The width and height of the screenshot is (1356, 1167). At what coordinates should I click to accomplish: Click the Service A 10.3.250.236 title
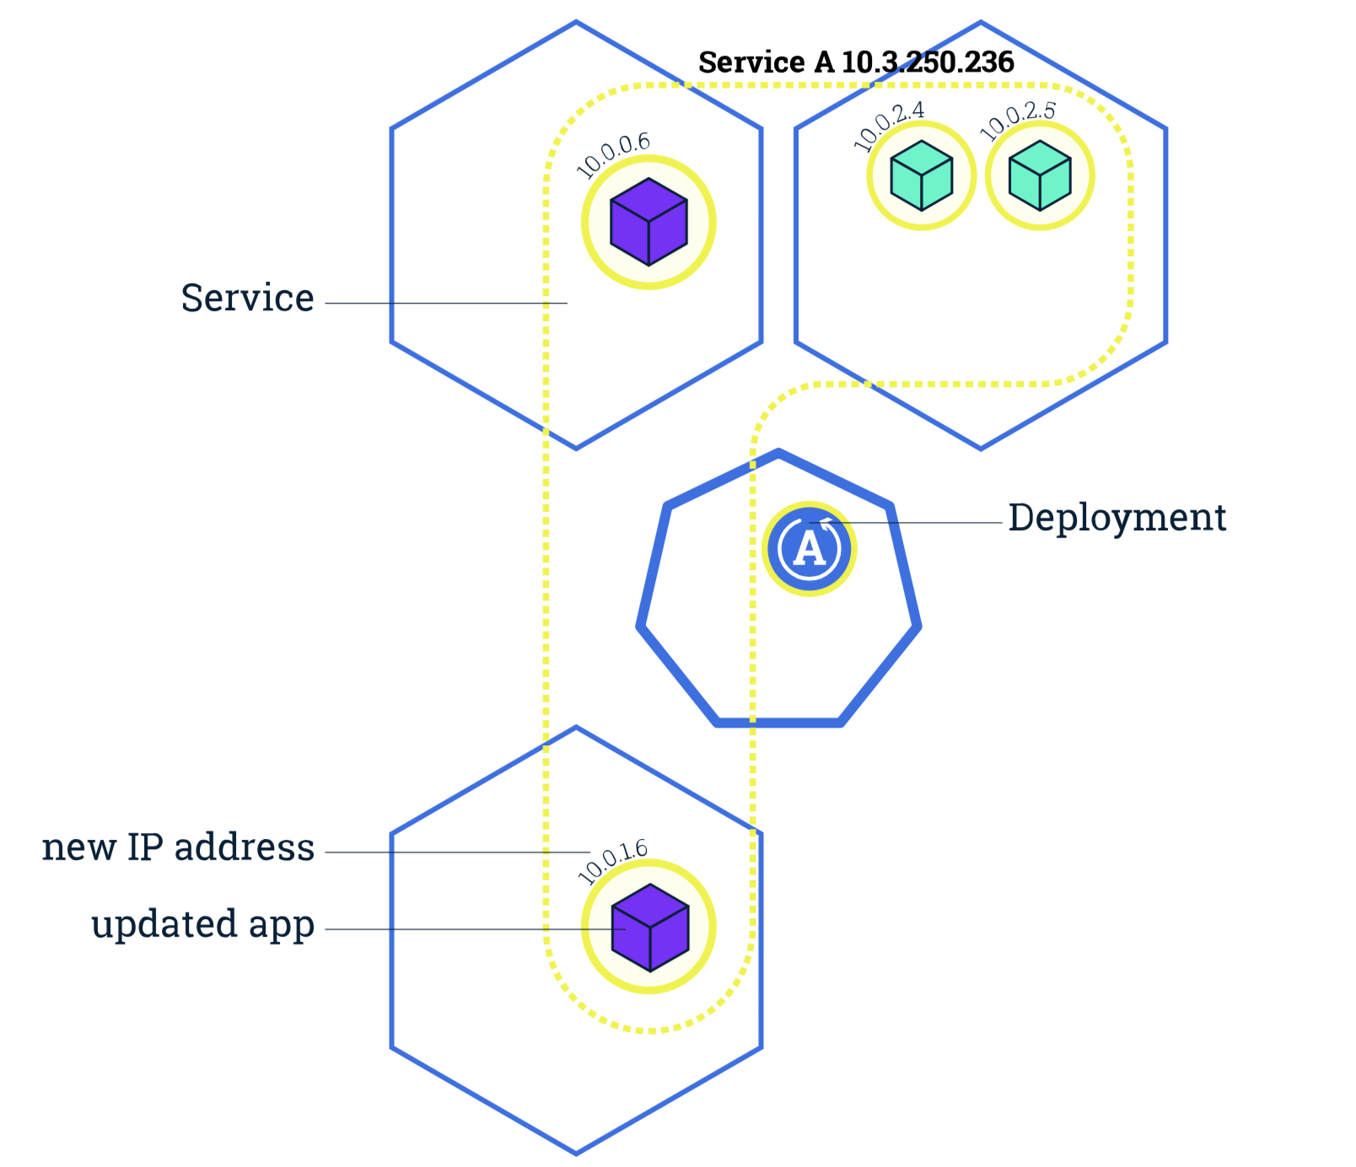pos(856,62)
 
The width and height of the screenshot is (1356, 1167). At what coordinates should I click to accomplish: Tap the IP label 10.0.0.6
pos(613,154)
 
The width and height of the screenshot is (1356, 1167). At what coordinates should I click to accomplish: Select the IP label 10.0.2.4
pos(889,126)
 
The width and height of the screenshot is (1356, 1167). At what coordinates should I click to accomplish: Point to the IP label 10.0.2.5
pos(1018,121)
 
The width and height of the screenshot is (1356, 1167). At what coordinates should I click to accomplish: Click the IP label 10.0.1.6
pos(613,861)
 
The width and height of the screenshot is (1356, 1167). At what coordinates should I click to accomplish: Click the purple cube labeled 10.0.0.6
pos(648,222)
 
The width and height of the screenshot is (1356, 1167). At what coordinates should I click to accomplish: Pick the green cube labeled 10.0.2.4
pos(922,175)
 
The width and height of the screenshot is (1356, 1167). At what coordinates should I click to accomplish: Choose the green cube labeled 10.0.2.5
pos(1040,175)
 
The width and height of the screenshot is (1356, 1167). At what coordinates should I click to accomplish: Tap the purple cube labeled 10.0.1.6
pos(650,928)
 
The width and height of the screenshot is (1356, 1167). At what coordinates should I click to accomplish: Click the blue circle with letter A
pos(810,549)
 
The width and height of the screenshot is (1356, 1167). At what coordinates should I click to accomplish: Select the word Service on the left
pos(247,298)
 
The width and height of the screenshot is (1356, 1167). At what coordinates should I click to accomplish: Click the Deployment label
pos(1117,518)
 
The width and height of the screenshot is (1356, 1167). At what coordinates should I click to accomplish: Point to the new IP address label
pos(178,847)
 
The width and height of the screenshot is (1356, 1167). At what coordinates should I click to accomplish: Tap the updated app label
pos(202,924)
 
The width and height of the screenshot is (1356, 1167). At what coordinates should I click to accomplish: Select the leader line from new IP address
pos(455,852)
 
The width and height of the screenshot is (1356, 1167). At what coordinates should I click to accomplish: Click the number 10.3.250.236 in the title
pos(928,62)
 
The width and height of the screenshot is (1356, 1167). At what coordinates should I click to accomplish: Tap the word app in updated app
pos(282,926)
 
